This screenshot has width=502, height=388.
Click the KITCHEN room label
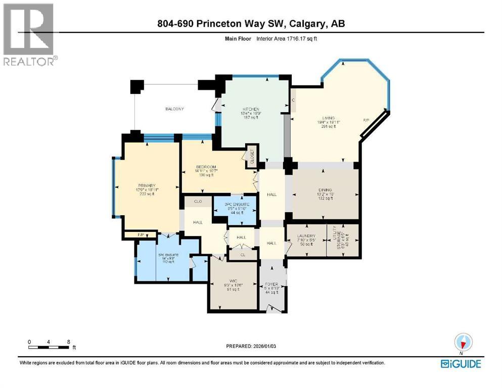point(251,109)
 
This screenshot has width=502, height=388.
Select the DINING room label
point(326,188)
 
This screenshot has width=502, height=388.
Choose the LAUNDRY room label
point(306,236)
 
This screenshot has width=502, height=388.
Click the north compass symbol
point(463,343)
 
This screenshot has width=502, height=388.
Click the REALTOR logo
point(29,34)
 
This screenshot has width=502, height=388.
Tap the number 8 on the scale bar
point(68,342)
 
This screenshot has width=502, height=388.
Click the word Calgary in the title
point(306,24)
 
